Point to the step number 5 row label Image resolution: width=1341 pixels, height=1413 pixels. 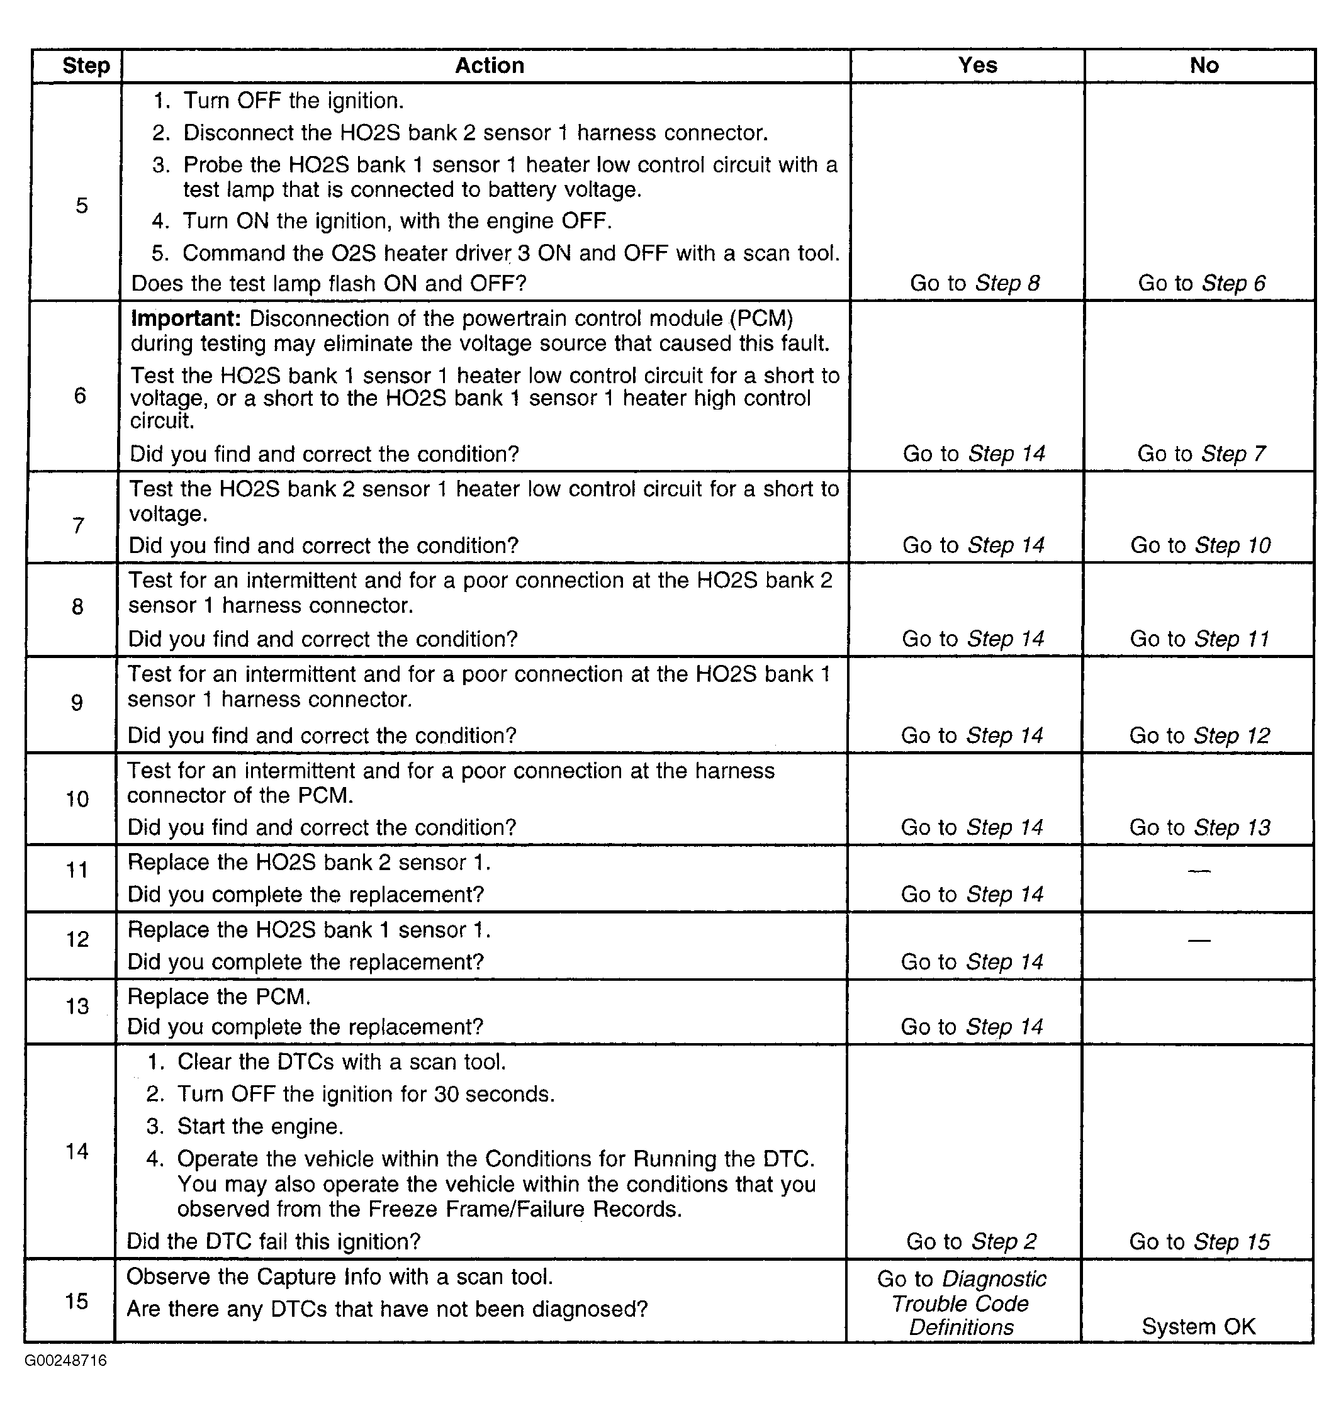point(81,206)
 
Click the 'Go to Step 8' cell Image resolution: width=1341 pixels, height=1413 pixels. point(974,283)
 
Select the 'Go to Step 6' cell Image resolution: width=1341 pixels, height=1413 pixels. point(1201,283)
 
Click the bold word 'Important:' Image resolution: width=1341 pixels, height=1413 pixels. point(186,319)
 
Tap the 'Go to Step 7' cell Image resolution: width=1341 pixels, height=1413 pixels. point(1201,454)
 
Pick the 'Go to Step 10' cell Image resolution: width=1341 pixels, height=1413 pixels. point(1200,545)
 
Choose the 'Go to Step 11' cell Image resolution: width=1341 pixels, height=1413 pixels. point(1199,639)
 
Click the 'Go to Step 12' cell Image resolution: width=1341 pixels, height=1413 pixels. point(1199,735)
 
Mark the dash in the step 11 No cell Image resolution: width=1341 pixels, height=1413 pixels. point(1199,871)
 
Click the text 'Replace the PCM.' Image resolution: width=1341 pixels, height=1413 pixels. point(219,997)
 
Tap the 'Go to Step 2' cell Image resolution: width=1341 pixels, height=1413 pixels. point(972,1241)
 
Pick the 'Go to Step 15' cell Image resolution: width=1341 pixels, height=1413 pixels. point(1199,1241)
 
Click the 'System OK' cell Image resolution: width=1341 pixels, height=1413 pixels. point(1198,1327)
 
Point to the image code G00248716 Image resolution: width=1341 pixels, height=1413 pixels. point(66,1360)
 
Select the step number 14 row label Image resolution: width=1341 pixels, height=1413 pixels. point(77,1151)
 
